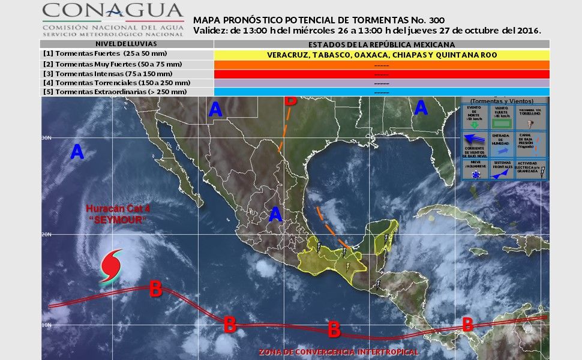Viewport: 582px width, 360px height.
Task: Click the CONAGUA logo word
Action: point(113,11)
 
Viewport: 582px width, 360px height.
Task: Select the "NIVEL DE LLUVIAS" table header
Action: point(127,44)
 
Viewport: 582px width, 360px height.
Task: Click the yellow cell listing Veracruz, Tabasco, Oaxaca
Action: point(382,55)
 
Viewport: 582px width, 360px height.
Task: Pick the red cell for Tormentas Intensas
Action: point(382,73)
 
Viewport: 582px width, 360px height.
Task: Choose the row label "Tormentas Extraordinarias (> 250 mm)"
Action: point(115,92)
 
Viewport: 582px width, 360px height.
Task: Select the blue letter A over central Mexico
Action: point(275,214)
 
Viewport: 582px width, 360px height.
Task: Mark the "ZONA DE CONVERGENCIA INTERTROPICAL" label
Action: point(338,352)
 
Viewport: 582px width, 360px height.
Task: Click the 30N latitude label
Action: point(46,137)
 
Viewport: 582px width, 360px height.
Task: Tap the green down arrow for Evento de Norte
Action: point(474,125)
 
